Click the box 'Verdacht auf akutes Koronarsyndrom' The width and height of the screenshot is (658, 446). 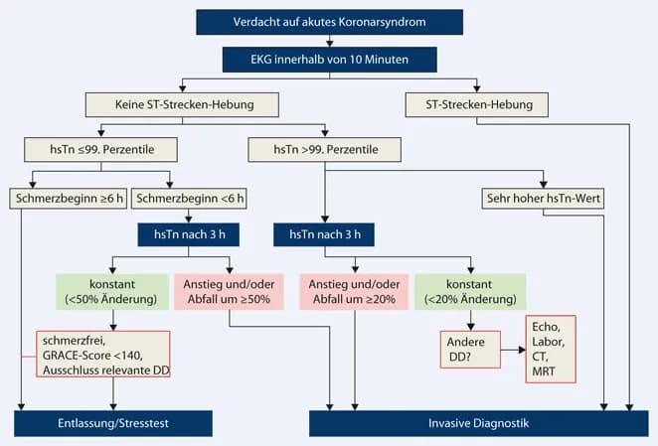(x=329, y=21)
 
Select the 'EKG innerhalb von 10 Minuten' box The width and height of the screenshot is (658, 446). (x=329, y=60)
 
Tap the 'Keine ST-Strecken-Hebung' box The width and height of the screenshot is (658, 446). (x=181, y=103)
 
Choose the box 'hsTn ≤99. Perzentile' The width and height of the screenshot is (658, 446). (x=102, y=150)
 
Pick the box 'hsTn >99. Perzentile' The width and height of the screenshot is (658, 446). (x=326, y=150)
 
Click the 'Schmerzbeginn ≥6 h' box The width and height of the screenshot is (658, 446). (x=68, y=197)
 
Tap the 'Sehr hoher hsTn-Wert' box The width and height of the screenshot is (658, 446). (x=545, y=197)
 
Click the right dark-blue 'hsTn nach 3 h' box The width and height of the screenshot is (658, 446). (x=326, y=235)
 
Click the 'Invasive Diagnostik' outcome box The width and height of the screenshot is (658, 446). (x=478, y=423)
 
